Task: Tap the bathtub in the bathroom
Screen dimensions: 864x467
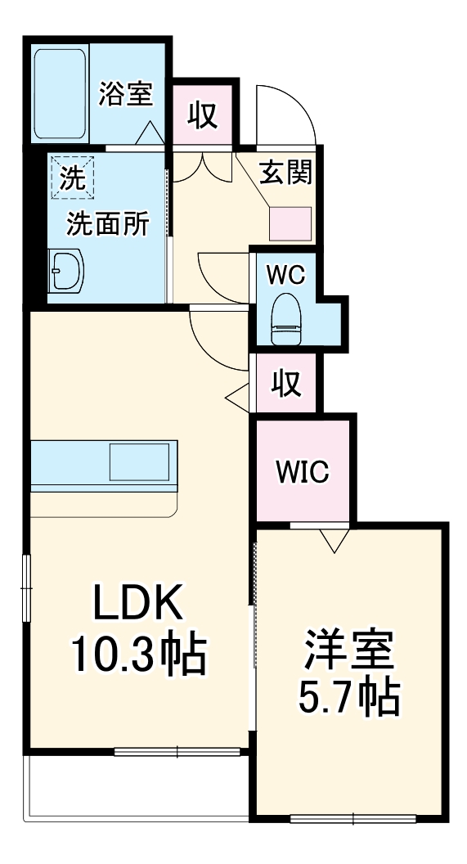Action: pyautogui.click(x=60, y=93)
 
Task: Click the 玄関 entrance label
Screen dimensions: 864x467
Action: pyautogui.click(x=285, y=173)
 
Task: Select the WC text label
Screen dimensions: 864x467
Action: pyautogui.click(x=285, y=274)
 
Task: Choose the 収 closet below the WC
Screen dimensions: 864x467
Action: pyautogui.click(x=285, y=382)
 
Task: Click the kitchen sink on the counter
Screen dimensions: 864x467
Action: pyautogui.click(x=142, y=462)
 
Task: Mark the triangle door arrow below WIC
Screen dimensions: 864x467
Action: pyautogui.click(x=334, y=540)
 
